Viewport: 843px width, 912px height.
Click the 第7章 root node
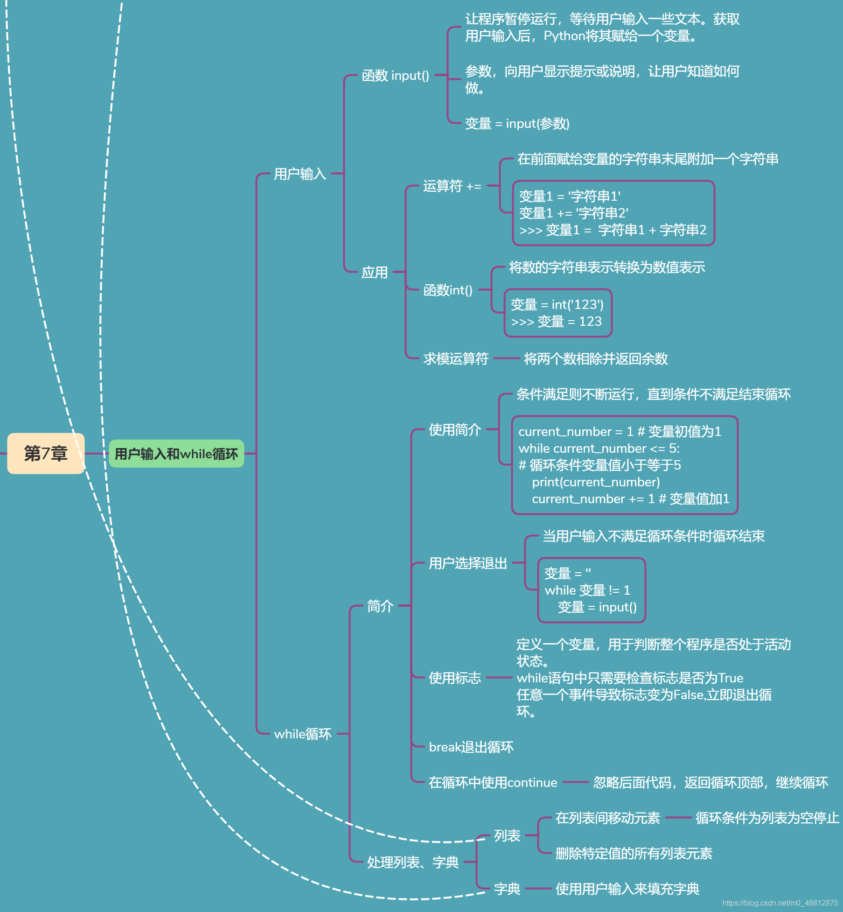coord(46,453)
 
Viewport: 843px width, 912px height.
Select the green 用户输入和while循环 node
coord(176,454)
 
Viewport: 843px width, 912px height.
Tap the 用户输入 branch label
coord(300,174)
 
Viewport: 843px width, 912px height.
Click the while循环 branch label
coord(303,734)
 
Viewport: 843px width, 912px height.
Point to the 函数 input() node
coord(395,76)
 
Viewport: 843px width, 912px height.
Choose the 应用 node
coord(375,272)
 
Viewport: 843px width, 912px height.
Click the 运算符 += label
coord(452,186)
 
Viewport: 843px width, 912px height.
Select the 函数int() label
coord(448,290)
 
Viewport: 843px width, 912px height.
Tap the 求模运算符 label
coord(456,358)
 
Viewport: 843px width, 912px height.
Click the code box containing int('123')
coord(557,313)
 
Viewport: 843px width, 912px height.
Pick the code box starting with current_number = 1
coord(624,465)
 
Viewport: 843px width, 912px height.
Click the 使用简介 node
coord(455,429)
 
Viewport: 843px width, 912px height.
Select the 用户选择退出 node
coord(468,563)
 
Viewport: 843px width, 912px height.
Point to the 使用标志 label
coord(455,678)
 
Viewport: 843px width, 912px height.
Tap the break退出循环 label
coord(471,747)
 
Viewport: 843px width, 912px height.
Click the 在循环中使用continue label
coord(493,782)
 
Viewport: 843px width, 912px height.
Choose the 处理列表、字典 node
coord(413,862)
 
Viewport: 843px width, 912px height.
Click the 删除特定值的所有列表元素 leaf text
coord(634,853)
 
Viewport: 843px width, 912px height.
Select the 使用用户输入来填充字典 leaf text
coord(627,889)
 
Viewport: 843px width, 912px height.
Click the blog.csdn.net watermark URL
coord(780,903)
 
